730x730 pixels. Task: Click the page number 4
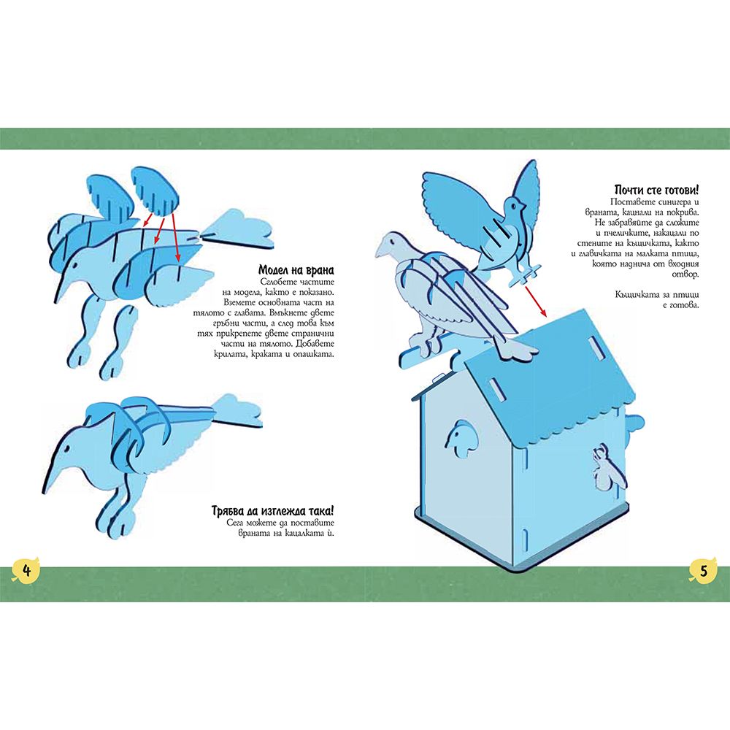pos(26,570)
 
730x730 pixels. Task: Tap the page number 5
pos(704,570)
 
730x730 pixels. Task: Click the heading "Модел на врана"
pos(296,270)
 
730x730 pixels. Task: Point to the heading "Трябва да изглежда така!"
pos(273,511)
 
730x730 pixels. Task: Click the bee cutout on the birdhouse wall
pos(602,467)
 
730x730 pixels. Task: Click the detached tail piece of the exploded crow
pos(237,230)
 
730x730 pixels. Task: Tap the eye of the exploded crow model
pos(74,267)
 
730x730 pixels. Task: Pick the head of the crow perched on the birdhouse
pos(393,245)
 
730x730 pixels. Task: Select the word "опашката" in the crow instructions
pos(314,354)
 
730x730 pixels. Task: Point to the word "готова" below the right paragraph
pos(683,304)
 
